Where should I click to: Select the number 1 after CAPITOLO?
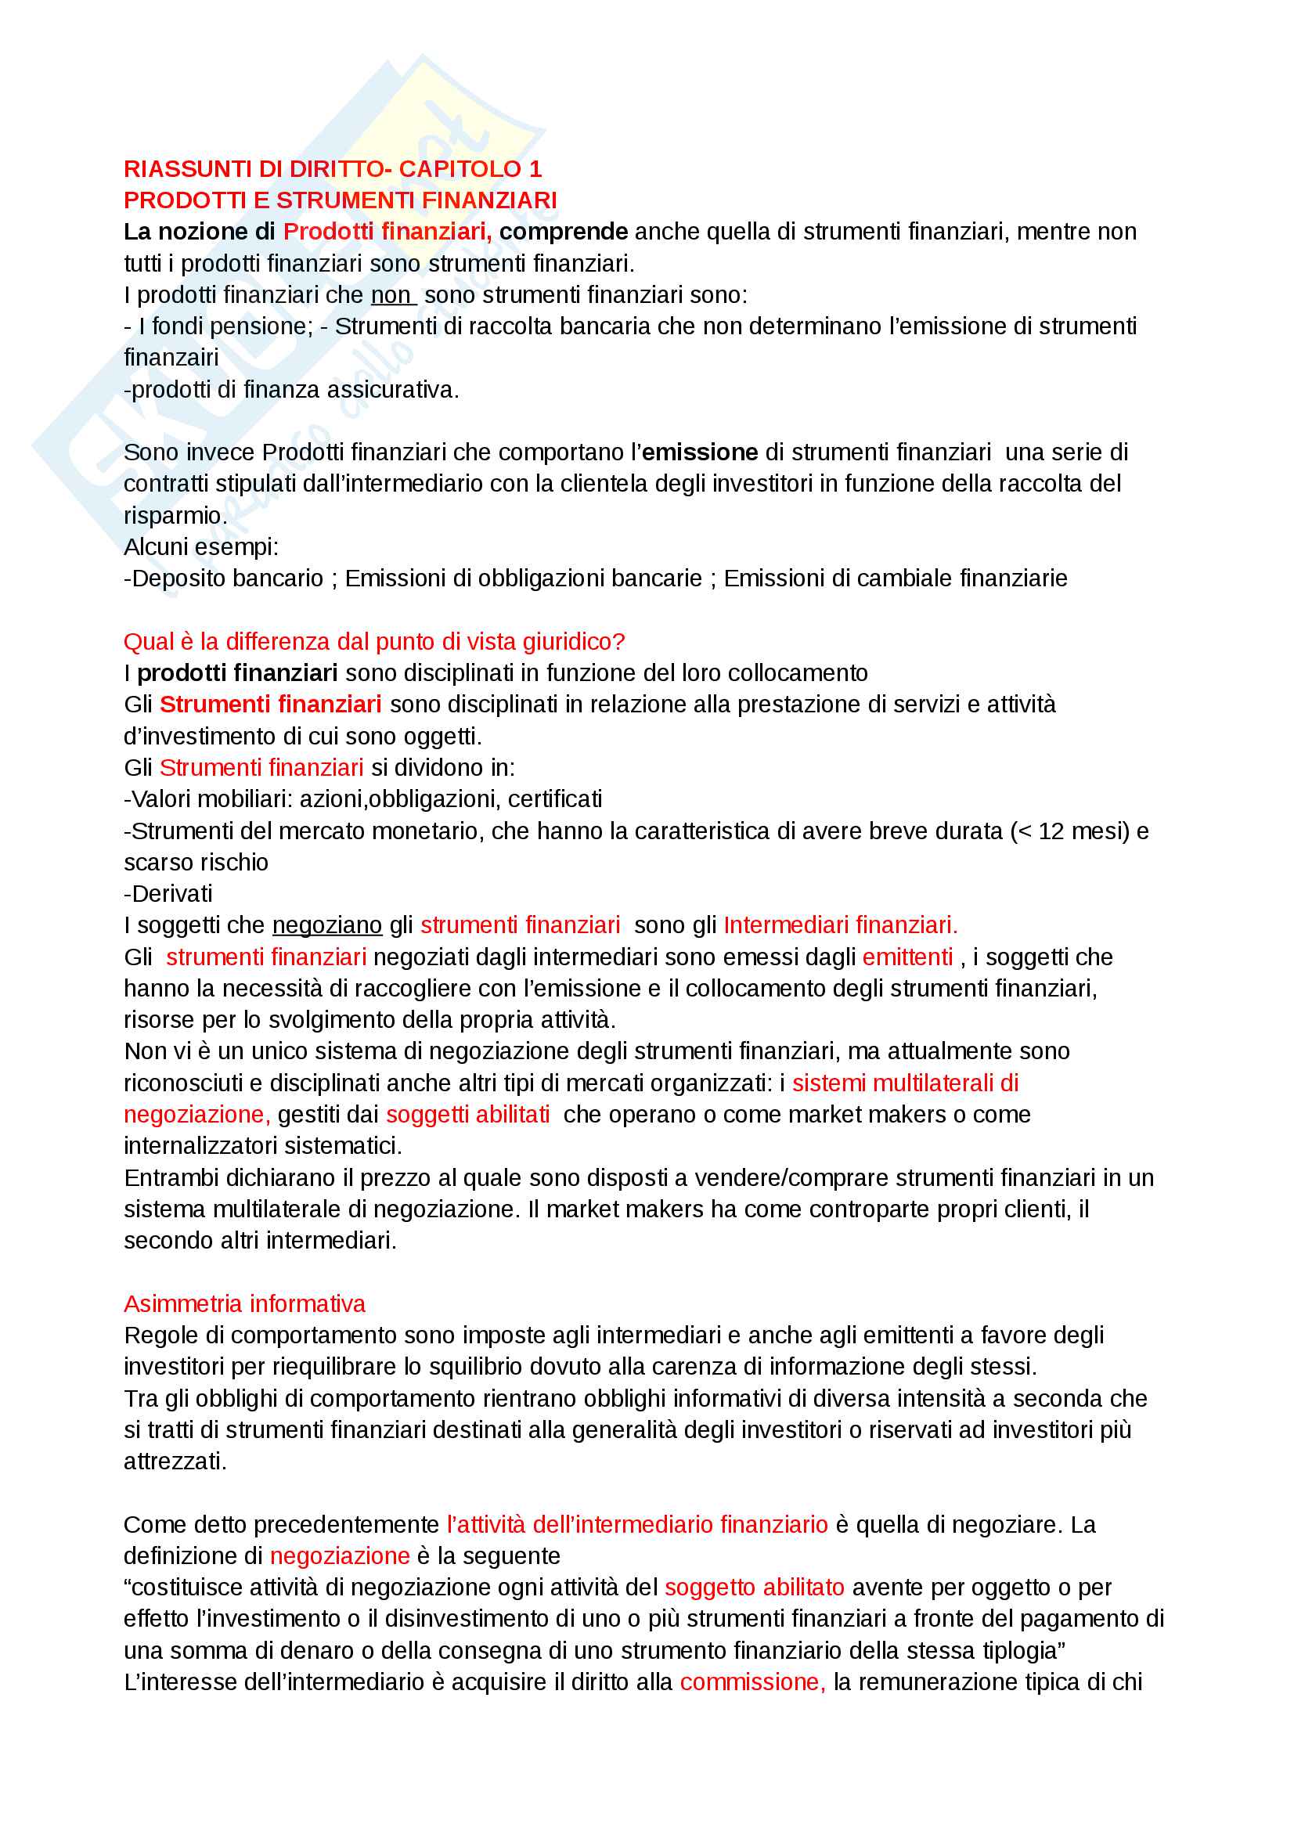point(535,169)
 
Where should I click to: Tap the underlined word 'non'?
point(391,295)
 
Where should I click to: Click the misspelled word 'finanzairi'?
point(171,357)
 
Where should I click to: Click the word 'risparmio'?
point(175,515)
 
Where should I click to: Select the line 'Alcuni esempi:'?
point(201,547)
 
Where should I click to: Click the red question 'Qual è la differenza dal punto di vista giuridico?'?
point(374,641)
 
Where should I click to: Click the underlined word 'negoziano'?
point(327,925)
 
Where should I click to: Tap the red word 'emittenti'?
point(907,957)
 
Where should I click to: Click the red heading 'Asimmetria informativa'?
point(244,1304)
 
